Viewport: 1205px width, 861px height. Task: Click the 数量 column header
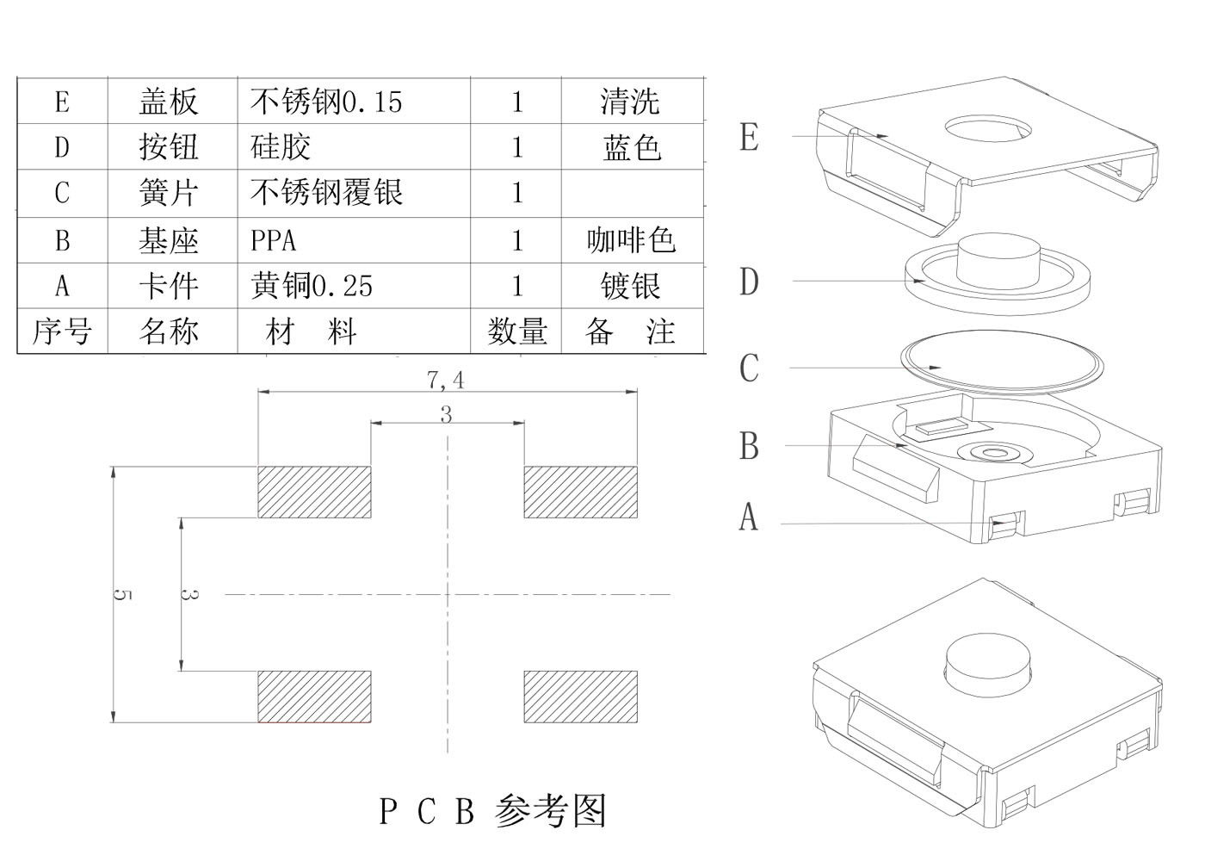[517, 331]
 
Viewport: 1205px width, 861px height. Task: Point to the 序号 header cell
[62, 331]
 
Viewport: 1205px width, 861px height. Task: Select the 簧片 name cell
[169, 193]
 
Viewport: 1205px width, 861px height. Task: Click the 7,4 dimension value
[446, 380]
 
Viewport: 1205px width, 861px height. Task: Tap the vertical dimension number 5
[122, 595]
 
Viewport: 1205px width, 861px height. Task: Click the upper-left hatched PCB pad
[315, 492]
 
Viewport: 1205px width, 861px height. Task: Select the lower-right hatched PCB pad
[581, 697]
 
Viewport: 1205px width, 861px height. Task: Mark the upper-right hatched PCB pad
[581, 492]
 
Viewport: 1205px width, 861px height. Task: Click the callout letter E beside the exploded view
[750, 137]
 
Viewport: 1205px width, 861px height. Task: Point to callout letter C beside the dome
[750, 369]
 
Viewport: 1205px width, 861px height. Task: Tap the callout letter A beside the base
[749, 517]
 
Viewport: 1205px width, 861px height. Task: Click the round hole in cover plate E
[989, 128]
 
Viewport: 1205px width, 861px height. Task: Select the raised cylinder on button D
[998, 260]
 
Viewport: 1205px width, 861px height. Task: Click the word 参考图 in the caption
[551, 811]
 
